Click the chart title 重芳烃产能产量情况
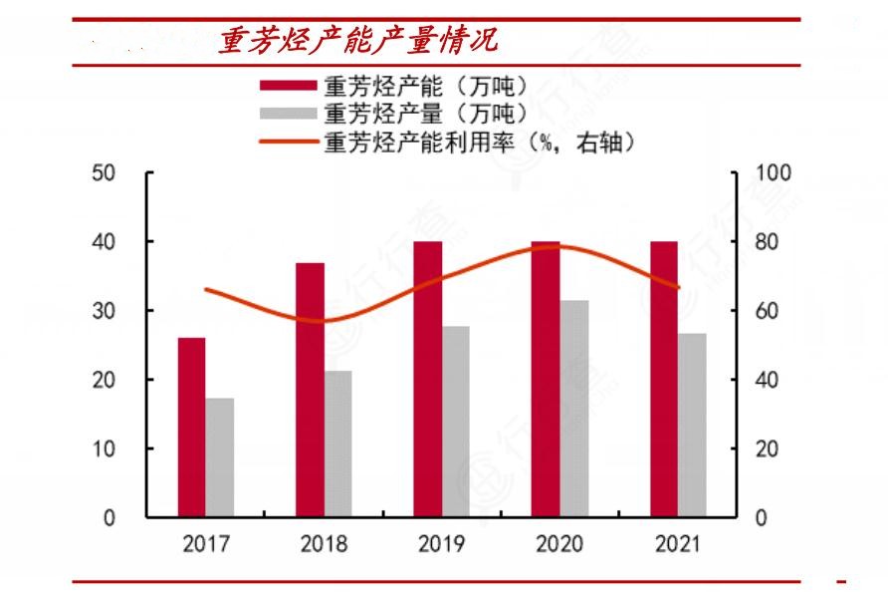[x=358, y=41]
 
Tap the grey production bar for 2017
[x=220, y=457]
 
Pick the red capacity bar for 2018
[x=310, y=390]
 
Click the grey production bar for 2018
[x=337, y=444]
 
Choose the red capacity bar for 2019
[x=428, y=379]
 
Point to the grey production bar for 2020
[x=573, y=409]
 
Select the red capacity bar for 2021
[x=664, y=379]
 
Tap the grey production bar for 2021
[x=692, y=425]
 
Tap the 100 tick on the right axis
[x=773, y=173]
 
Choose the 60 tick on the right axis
[x=767, y=311]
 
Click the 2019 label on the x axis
[x=442, y=544]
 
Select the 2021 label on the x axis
[x=678, y=544]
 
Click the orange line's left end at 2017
[x=206, y=290]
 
